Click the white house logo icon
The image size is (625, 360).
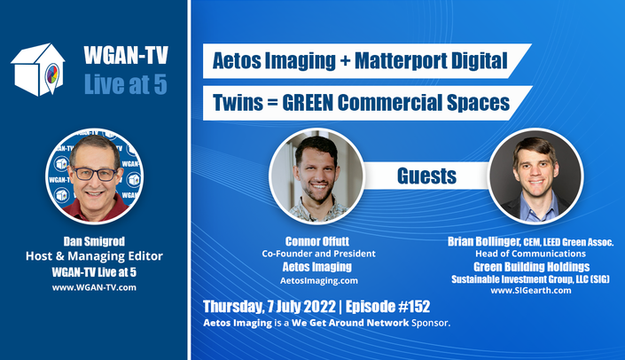point(38,70)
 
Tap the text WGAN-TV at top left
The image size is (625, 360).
point(126,55)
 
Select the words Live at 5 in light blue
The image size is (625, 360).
point(126,84)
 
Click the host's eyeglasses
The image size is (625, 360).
point(95,174)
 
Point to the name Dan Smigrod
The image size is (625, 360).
point(94,241)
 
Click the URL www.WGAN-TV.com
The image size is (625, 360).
point(94,287)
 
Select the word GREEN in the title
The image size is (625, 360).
point(308,103)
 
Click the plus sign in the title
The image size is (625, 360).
point(345,61)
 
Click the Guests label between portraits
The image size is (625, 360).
point(426,176)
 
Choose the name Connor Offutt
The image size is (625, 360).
point(317,241)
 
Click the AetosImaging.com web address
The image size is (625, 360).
point(319,281)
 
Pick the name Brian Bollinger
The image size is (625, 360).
point(483,241)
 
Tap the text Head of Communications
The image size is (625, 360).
point(530,254)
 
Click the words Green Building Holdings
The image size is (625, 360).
point(531,267)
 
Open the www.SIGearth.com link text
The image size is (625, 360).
point(530,290)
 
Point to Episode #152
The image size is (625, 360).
point(387,307)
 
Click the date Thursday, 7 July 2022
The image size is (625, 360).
point(270,307)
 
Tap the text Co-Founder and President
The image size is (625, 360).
point(318,254)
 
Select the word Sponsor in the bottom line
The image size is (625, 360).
point(431,323)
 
